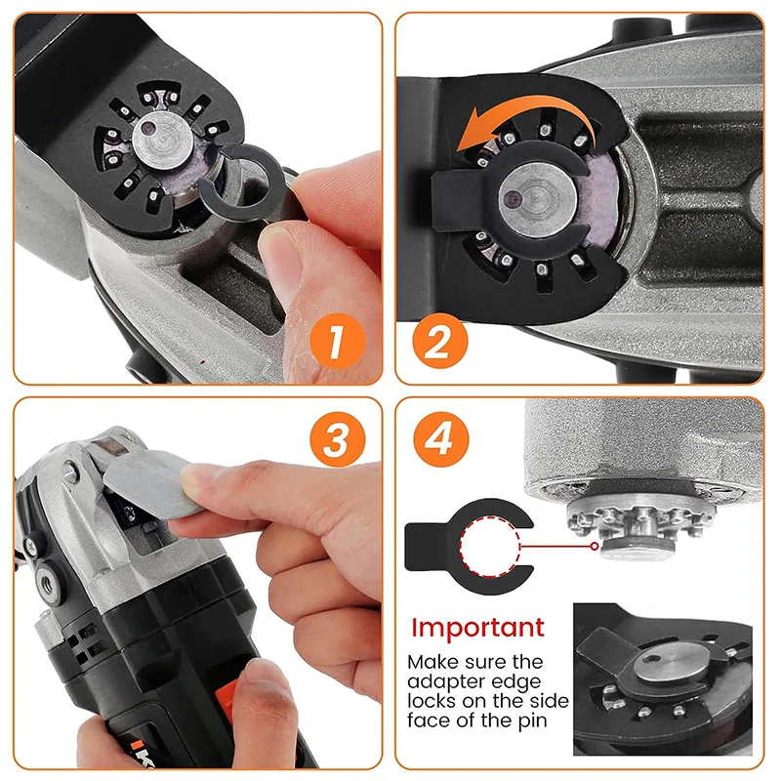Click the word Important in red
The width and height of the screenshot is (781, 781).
(x=475, y=627)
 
